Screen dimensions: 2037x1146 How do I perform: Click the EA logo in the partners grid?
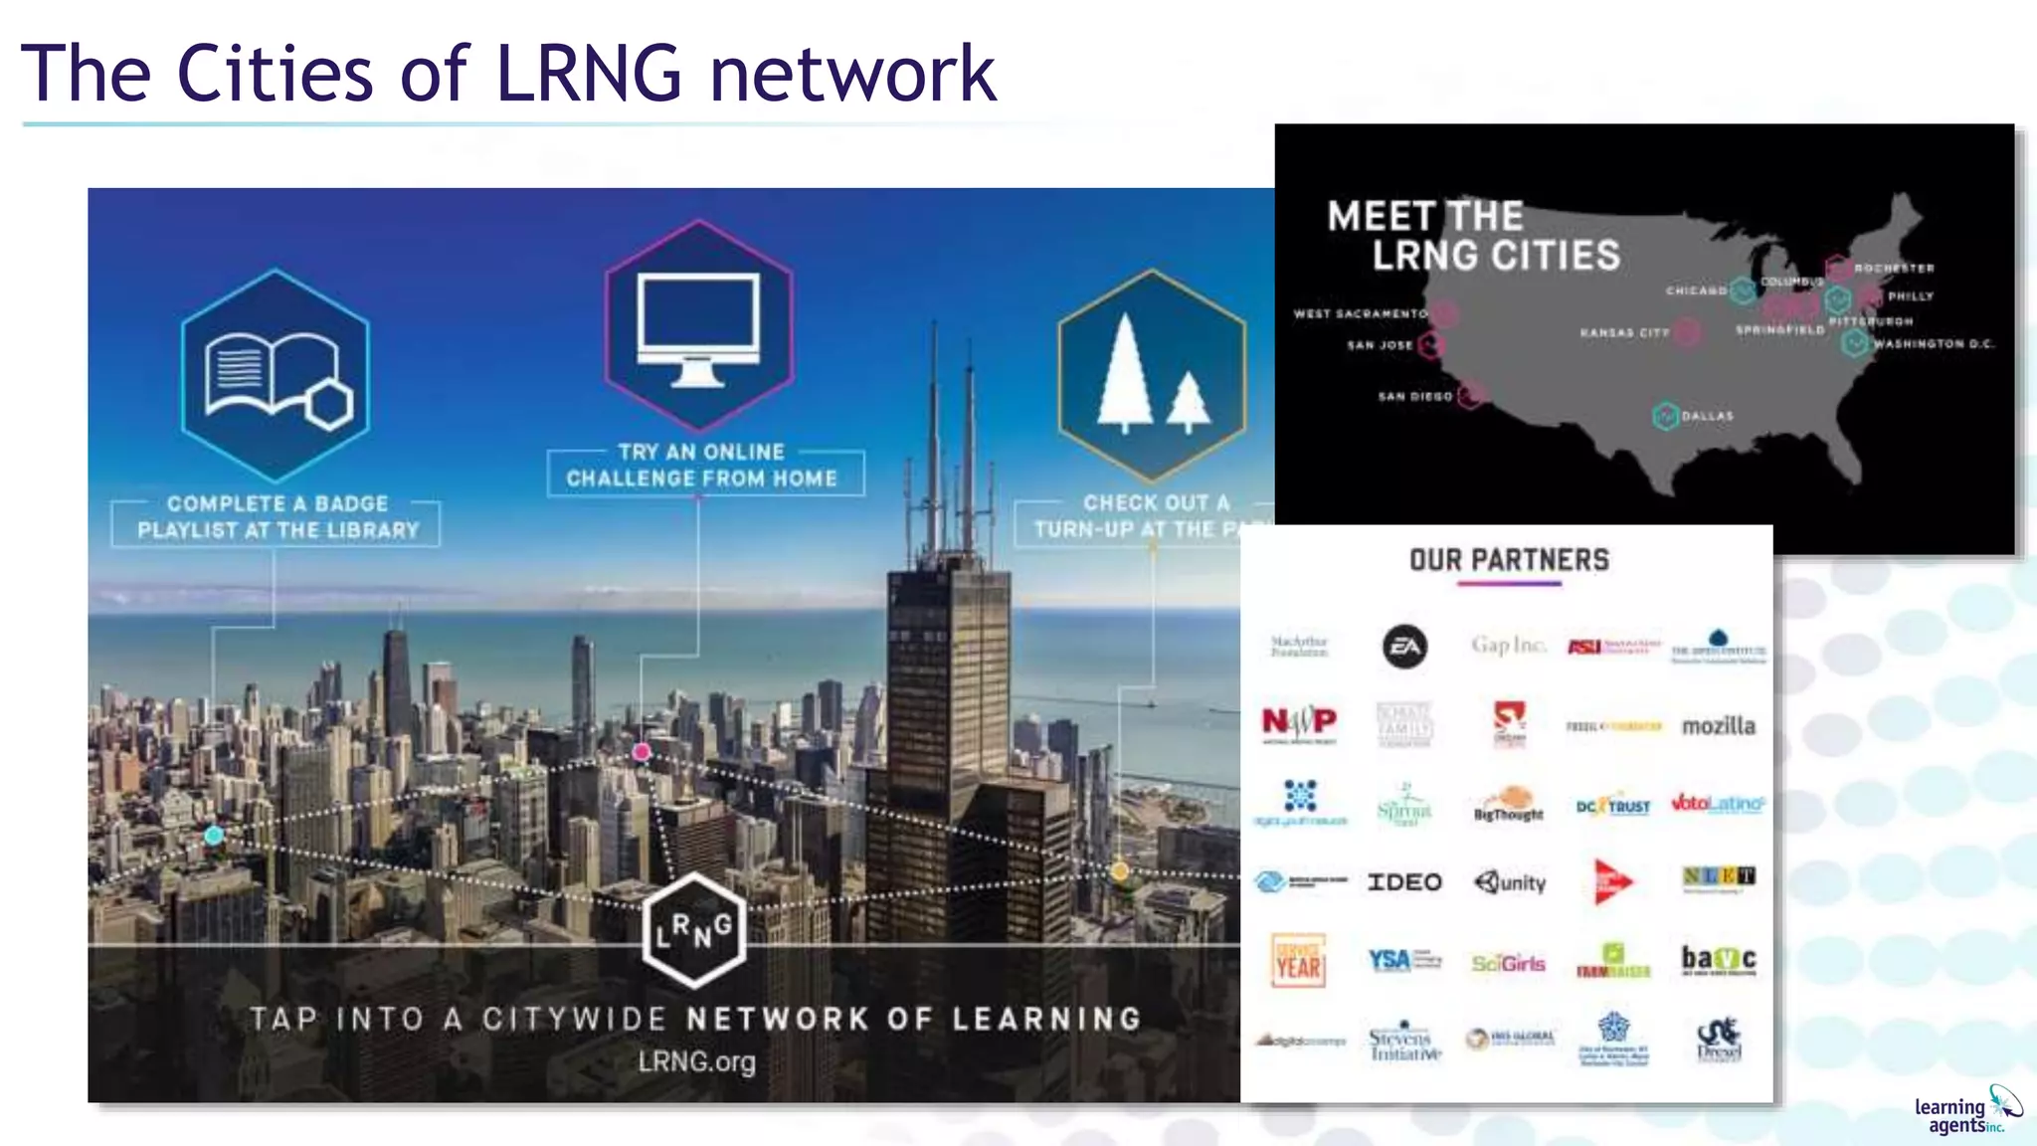1404,647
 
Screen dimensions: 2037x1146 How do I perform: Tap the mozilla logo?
1718,726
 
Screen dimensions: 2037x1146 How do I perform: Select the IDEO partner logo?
1404,882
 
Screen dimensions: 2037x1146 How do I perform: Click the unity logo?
1510,882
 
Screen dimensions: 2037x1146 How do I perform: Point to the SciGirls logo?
1509,963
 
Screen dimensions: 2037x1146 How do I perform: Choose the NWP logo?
1299,722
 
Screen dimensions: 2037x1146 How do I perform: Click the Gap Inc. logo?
1509,646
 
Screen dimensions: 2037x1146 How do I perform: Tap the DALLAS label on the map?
1707,416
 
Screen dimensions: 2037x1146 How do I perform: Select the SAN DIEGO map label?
1414,396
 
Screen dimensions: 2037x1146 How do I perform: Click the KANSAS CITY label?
1624,333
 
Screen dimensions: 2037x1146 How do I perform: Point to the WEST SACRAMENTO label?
1360,313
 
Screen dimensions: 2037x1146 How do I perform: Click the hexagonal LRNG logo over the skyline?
694,930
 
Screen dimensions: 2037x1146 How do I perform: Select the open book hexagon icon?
276,376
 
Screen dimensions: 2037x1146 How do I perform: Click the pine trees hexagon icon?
1152,376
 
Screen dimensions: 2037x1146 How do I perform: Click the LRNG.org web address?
696,1061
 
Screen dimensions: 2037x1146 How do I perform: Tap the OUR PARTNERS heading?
1509,560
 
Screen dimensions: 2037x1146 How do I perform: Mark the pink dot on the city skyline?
642,752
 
